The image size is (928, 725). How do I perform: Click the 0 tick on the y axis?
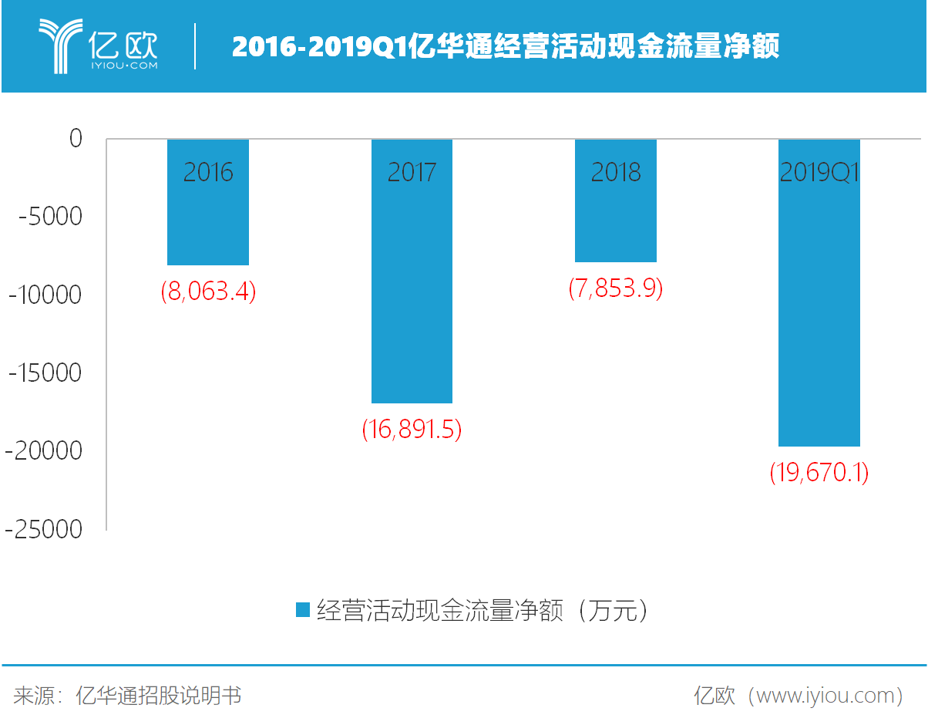75,139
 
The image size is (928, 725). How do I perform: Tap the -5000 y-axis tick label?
50,217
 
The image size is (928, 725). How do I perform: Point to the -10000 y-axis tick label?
45,295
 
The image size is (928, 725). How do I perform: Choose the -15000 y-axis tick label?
45,373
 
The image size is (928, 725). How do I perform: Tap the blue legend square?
303,610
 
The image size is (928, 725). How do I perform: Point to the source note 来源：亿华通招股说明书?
127,696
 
